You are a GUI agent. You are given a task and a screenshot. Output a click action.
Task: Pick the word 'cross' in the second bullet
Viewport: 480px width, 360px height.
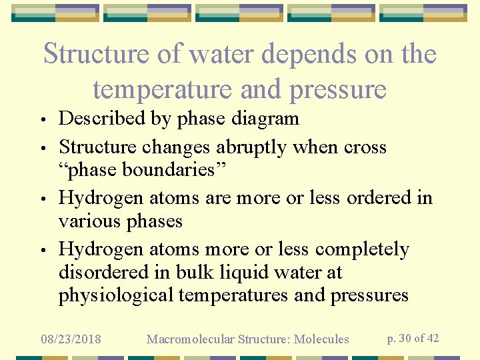(365, 147)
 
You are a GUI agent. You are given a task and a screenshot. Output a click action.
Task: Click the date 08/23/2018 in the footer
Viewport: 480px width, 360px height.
(71, 339)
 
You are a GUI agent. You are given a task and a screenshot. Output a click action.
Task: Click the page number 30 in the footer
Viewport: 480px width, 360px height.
(404, 338)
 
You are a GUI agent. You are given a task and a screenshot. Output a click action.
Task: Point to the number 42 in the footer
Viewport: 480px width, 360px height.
(432, 338)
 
